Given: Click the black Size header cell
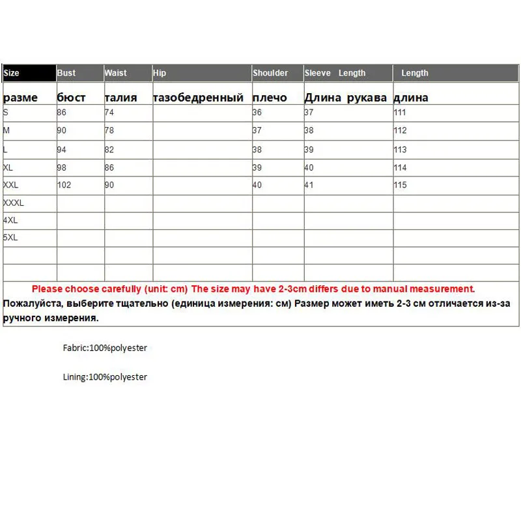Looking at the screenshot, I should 29,73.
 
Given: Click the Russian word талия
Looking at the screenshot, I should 120,98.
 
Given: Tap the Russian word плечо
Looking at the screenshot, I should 270,98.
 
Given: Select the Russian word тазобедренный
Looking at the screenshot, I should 198,98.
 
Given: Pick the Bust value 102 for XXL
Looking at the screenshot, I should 64,185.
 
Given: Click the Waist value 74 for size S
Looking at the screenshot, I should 109,112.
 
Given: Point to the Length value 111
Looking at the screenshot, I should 400,112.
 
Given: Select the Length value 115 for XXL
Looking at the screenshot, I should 400,185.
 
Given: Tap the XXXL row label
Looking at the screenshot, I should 14,203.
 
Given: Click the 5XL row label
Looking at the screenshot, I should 10,238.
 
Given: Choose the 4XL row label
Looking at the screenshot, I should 10,220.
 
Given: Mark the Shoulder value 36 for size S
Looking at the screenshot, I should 257,112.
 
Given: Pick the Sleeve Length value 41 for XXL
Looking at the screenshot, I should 309,185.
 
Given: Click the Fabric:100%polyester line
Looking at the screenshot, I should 105,348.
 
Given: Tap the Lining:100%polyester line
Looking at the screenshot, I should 105,377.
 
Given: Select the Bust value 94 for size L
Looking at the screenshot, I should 62,149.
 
